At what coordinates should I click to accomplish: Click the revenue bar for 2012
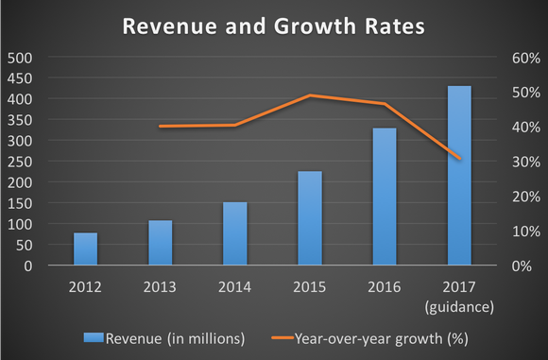coord(85,249)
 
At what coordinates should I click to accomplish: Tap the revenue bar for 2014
coord(235,234)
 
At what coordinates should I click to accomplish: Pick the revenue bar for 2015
coord(310,218)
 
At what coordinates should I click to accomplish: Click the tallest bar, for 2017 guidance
coord(459,176)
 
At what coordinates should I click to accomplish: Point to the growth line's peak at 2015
coord(310,95)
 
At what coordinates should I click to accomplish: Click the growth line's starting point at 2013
coord(161,126)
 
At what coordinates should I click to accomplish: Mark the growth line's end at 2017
coord(459,159)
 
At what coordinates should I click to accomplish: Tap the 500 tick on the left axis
coord(20,58)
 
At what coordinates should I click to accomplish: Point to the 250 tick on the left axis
coord(20,162)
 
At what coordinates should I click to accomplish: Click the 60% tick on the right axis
coord(526,58)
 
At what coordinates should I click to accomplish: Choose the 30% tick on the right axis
coord(526,162)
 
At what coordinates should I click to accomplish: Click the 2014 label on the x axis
coord(235,286)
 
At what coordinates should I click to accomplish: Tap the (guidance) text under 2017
coord(459,305)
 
